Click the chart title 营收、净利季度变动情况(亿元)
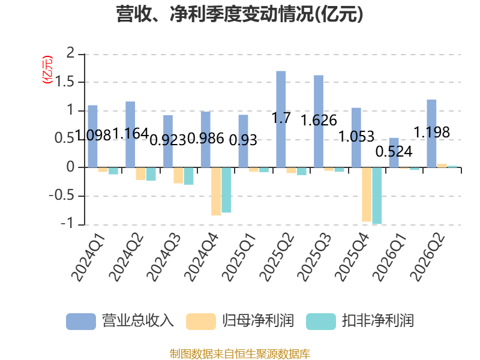tap(239, 14)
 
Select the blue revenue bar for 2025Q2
tap(281, 119)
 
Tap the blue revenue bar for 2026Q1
tap(394, 152)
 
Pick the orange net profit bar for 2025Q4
tap(367, 194)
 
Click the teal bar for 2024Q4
tap(226, 190)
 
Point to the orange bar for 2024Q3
tap(178, 175)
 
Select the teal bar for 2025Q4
tap(377, 196)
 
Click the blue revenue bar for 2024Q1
tap(93, 136)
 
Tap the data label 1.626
tap(319, 121)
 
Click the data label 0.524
tap(394, 152)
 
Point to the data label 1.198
tap(431, 132)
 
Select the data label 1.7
tap(281, 118)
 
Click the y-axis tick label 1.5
tap(65, 82)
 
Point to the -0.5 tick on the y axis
tap(62, 196)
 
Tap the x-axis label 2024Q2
tap(126, 257)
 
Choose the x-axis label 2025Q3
tap(314, 257)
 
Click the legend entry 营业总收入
tap(120, 321)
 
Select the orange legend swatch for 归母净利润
tap(201, 322)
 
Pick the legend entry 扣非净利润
tap(360, 321)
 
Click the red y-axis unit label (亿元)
tap(47, 70)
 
